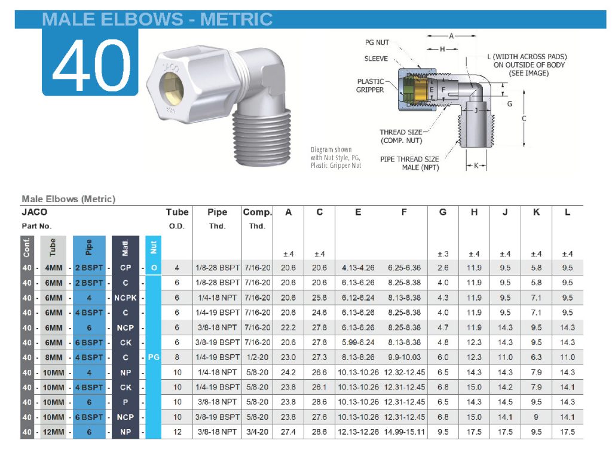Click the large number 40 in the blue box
(91, 65)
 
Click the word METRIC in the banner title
(236, 19)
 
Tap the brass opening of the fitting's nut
(172, 87)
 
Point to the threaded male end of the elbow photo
(262, 137)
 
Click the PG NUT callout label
(377, 42)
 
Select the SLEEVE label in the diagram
(376, 59)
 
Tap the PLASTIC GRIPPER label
(370, 85)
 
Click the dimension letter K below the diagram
(476, 166)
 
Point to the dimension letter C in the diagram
(524, 118)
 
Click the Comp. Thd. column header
(257, 219)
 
